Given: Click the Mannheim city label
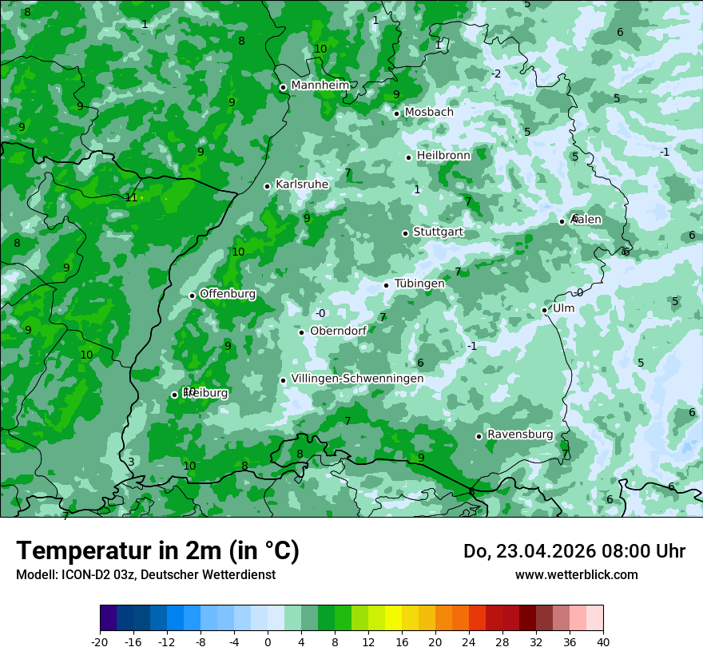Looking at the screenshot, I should coord(320,85).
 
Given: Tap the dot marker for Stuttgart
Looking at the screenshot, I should coord(405,233).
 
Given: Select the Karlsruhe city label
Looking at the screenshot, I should coord(302,185).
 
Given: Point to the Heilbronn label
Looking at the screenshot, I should coord(443,155).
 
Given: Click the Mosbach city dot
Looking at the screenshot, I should coord(396,113).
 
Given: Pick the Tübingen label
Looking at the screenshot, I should coord(419,284).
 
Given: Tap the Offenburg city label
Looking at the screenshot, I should coord(228,294).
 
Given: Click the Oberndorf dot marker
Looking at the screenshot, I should coord(301,332).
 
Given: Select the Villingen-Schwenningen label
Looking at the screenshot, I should coord(357,379).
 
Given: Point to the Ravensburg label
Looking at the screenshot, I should coord(520,435).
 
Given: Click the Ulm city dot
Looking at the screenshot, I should coord(544,310).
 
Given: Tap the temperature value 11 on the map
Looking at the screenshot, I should coord(131,197).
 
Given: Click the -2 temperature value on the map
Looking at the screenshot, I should coord(496,73).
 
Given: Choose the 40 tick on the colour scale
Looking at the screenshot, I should coord(603,641).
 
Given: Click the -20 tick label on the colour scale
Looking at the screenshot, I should coord(100,641).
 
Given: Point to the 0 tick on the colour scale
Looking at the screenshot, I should coord(268,641).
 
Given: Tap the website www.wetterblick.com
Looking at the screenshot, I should coord(576,574).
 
